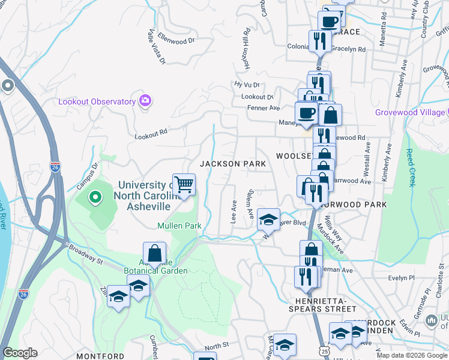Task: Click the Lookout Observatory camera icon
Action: point(145,101)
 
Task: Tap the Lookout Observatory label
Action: point(97,101)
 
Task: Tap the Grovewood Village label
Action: point(410,112)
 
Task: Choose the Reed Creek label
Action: point(411,168)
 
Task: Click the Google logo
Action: point(20,353)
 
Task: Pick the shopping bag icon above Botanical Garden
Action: point(154,253)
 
